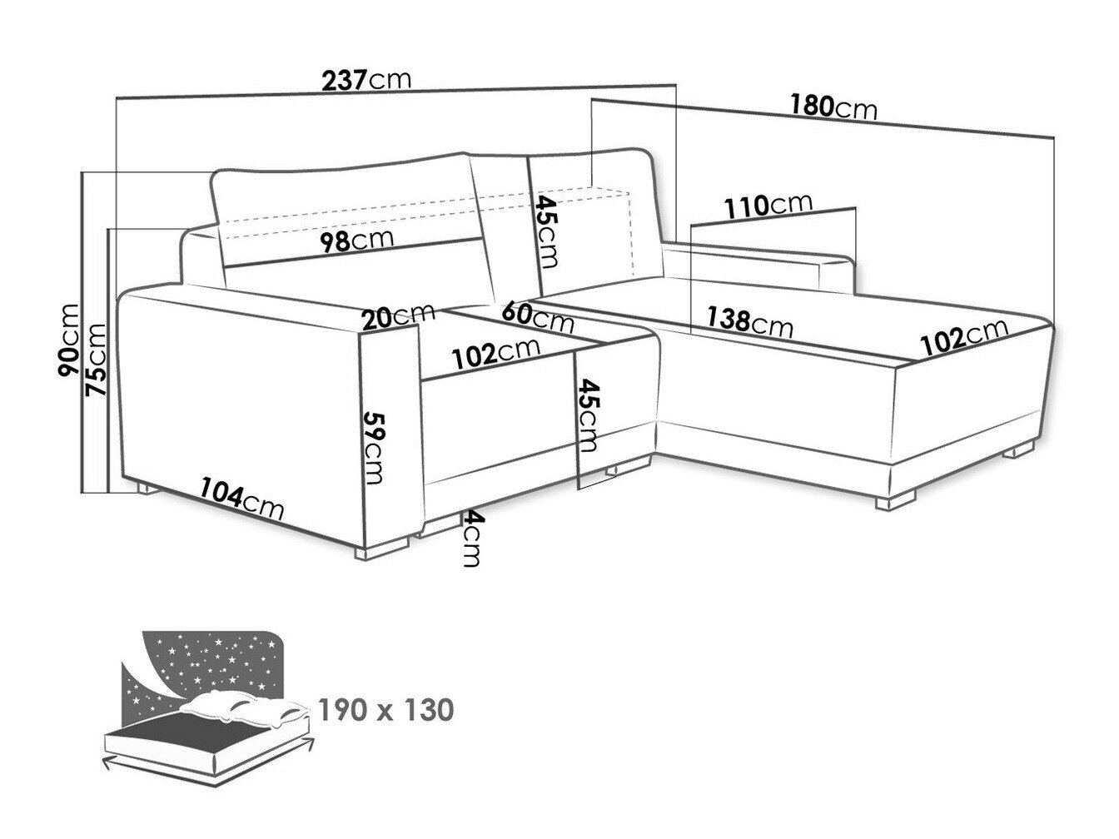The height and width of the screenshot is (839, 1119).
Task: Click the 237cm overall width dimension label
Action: tap(366, 80)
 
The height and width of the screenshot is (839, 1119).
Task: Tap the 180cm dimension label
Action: tap(833, 107)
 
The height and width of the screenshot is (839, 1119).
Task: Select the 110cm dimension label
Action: tap(768, 205)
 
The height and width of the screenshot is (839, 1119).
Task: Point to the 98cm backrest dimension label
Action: tap(358, 241)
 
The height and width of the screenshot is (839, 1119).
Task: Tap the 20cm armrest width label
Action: tap(398, 315)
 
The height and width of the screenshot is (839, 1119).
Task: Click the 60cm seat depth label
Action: tap(537, 316)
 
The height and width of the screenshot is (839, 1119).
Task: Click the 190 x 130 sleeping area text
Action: tap(386, 710)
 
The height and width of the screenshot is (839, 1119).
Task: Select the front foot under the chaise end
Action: tap(893, 500)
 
